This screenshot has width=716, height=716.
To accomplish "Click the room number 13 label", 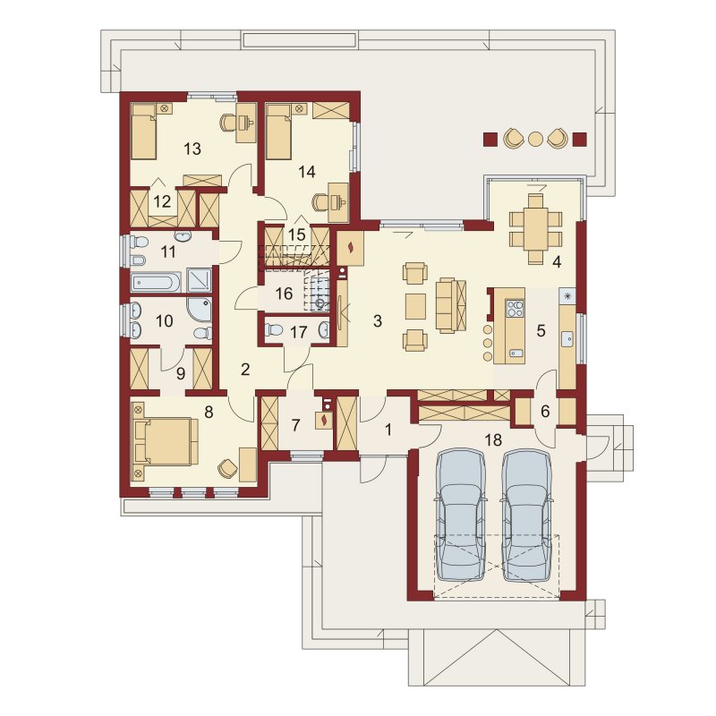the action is point(192,149).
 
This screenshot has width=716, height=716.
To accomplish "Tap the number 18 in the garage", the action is point(494,439).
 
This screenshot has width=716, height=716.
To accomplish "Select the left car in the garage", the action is point(460,516).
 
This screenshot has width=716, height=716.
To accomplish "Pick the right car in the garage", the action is point(527,516).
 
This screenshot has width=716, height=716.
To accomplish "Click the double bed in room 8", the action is point(166,442).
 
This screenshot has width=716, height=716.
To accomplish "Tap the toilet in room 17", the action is point(275,329).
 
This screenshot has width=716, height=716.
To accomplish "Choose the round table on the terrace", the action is point(534,139).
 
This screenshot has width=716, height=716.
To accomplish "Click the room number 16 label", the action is point(284,294).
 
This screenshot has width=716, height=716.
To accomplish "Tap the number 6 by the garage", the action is point(545,412).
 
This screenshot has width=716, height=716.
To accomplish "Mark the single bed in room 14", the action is point(279,132).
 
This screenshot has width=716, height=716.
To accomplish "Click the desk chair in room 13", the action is point(228,123).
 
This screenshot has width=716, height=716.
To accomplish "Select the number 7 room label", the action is point(295,426).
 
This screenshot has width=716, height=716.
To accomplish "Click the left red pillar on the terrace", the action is point(490,140).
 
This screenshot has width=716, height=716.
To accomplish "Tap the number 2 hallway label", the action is point(245,370).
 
